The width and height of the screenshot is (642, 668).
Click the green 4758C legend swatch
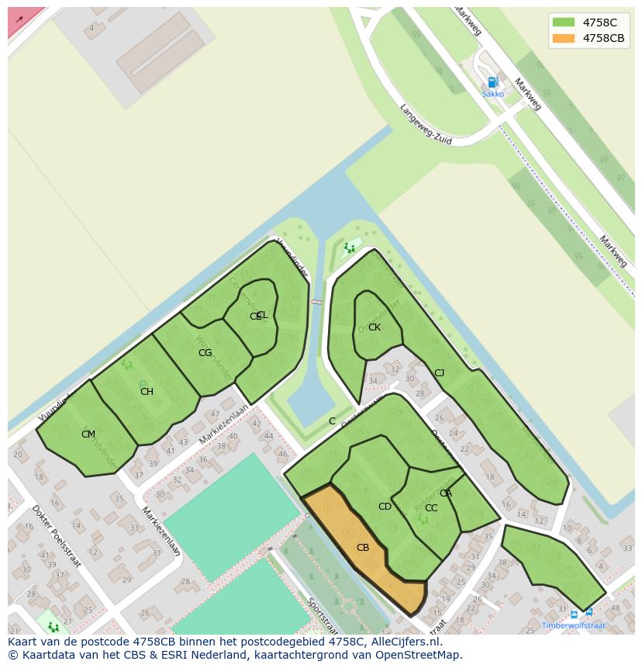point(564,22)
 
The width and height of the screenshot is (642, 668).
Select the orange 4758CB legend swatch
point(564,38)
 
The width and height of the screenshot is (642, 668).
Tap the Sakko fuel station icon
point(492,82)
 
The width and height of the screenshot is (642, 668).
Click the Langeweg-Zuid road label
point(426,124)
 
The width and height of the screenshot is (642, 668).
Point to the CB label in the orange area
point(363,548)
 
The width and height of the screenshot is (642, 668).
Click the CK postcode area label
point(374,327)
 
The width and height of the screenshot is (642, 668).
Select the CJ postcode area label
point(439,373)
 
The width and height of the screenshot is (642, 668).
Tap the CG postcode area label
point(205,353)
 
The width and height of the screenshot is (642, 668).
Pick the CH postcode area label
point(147,392)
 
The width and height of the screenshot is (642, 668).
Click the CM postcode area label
point(88,434)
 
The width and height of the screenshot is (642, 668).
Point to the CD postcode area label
point(385,507)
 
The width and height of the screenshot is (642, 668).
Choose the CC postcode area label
point(431,508)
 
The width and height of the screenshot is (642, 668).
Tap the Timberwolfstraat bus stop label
point(573,625)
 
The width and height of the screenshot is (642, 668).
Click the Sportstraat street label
point(322,614)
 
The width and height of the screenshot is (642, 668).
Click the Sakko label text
point(492,94)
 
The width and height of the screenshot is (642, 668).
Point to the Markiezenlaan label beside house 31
point(161,532)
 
